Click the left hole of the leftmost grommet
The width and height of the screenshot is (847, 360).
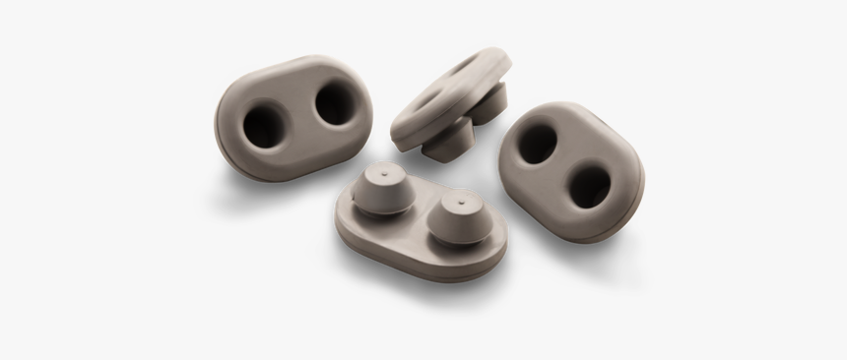point(264,126)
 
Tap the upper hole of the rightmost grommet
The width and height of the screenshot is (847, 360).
point(539,144)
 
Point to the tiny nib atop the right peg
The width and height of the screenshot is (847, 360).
point(460,197)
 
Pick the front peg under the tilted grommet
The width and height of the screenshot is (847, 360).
point(452,141)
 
